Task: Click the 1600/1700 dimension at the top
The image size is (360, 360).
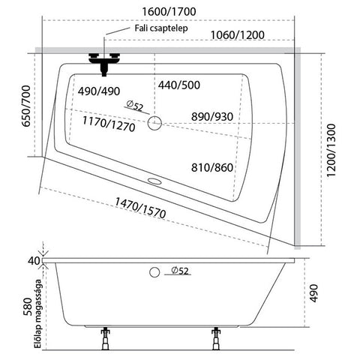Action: (x=169, y=12)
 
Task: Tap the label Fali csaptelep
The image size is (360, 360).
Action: (x=161, y=28)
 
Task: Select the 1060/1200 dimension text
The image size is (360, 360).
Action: (x=238, y=35)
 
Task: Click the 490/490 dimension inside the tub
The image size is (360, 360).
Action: (x=99, y=91)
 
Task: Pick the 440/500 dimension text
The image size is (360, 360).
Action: (x=179, y=85)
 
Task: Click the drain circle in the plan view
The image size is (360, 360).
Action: (x=154, y=123)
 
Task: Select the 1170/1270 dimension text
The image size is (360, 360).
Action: (x=109, y=124)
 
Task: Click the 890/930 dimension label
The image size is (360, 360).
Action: (x=212, y=117)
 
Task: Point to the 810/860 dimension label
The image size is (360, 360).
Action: (x=212, y=167)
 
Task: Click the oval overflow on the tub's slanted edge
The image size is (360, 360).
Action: (x=154, y=181)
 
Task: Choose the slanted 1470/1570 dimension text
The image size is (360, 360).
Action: (x=140, y=208)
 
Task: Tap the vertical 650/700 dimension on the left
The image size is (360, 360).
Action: (x=26, y=106)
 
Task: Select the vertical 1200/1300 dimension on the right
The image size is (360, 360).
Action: (x=331, y=150)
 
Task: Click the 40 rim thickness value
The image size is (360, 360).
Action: (x=34, y=261)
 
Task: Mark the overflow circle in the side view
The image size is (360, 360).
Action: (x=154, y=272)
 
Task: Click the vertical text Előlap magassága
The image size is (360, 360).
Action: (x=38, y=313)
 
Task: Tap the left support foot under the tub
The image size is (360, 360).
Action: (x=105, y=338)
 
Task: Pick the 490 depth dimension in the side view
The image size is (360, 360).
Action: (x=313, y=293)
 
